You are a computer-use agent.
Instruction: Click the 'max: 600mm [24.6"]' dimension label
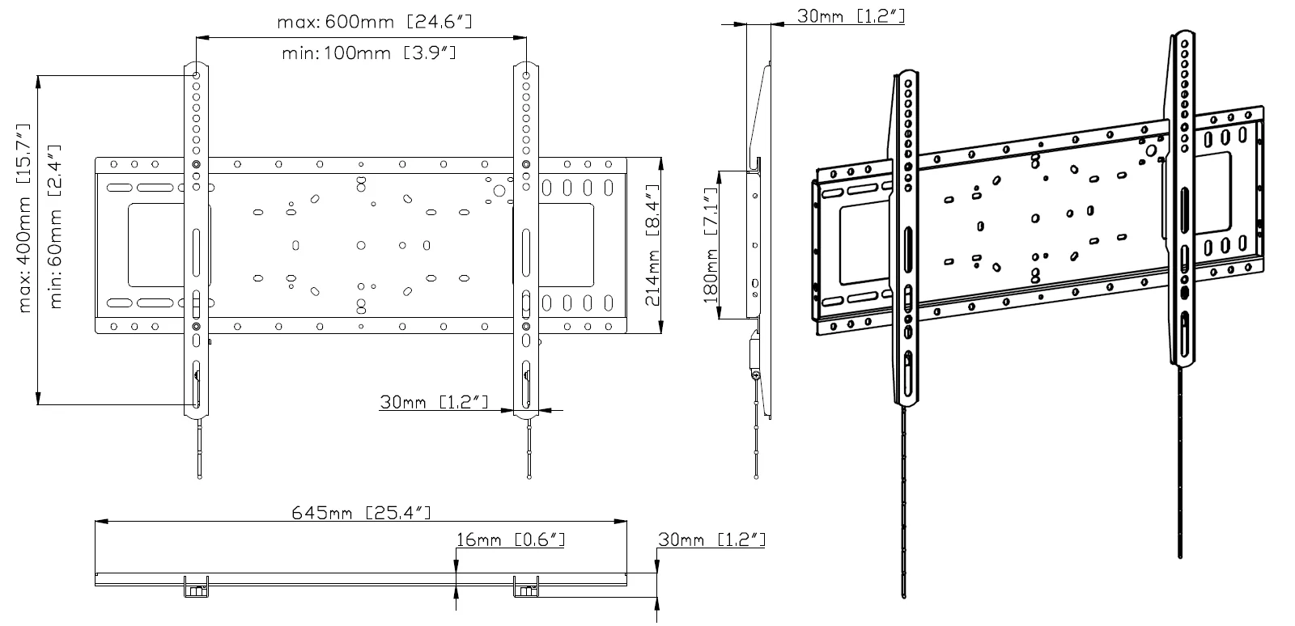(375, 22)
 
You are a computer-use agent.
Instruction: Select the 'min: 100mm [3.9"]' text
(369, 53)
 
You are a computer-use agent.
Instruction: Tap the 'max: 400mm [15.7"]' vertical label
(23, 218)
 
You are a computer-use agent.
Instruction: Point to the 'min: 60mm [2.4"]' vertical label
(55, 226)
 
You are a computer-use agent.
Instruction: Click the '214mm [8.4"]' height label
(652, 245)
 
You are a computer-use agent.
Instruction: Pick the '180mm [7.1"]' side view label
(710, 245)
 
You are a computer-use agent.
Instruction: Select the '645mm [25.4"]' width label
(361, 512)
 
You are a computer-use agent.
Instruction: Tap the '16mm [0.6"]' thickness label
(511, 539)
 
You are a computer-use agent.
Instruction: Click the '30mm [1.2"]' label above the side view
(851, 15)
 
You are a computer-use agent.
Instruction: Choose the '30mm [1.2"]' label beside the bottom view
(711, 539)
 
